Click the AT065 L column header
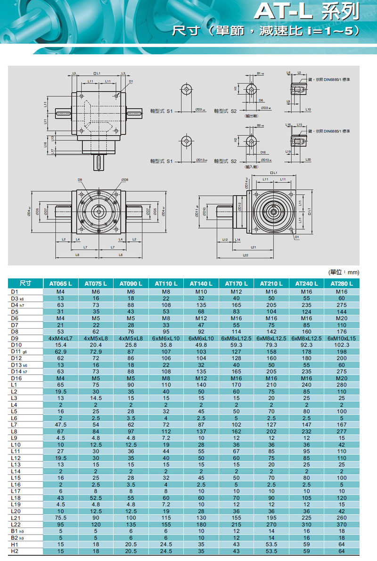[60, 284]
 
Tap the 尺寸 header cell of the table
[25, 284]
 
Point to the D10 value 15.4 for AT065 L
[60, 346]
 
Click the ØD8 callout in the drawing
[124, 180]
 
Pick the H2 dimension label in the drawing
[236, 140]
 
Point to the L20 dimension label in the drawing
[308, 160]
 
